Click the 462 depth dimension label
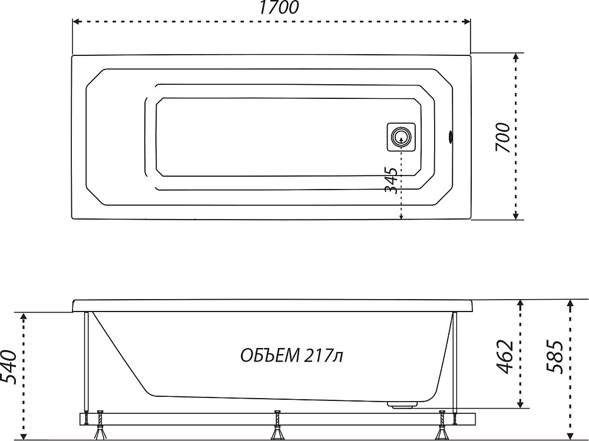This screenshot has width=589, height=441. point(505,357)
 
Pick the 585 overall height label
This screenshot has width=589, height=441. point(555,357)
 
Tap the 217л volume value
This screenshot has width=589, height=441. point(324,356)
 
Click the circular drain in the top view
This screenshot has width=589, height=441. point(401,137)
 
